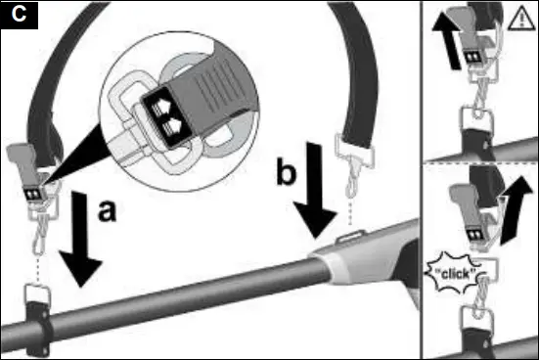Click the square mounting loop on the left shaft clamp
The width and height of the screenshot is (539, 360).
36,293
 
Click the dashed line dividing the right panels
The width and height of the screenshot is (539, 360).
479,163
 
